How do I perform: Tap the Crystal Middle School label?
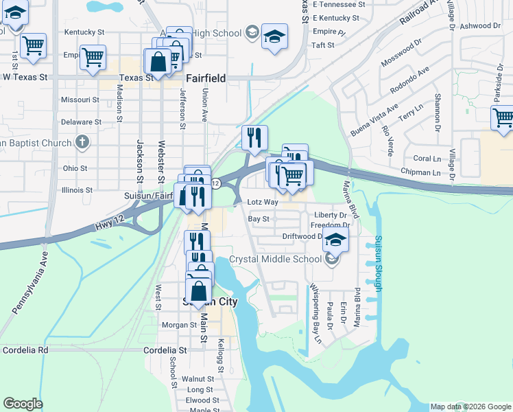click(x=275, y=259)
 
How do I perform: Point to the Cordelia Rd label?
click(x=25, y=350)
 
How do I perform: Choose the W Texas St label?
click(x=25, y=77)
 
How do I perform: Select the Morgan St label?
click(x=178, y=325)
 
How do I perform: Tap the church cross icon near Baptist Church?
click(x=82, y=143)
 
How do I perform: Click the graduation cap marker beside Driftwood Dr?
click(x=335, y=240)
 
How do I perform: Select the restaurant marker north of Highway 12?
click(x=254, y=137)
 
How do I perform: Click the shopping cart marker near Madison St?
click(x=93, y=57)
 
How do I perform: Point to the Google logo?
click(x=23, y=404)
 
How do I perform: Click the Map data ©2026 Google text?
click(x=471, y=407)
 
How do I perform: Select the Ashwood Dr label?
click(x=481, y=25)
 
